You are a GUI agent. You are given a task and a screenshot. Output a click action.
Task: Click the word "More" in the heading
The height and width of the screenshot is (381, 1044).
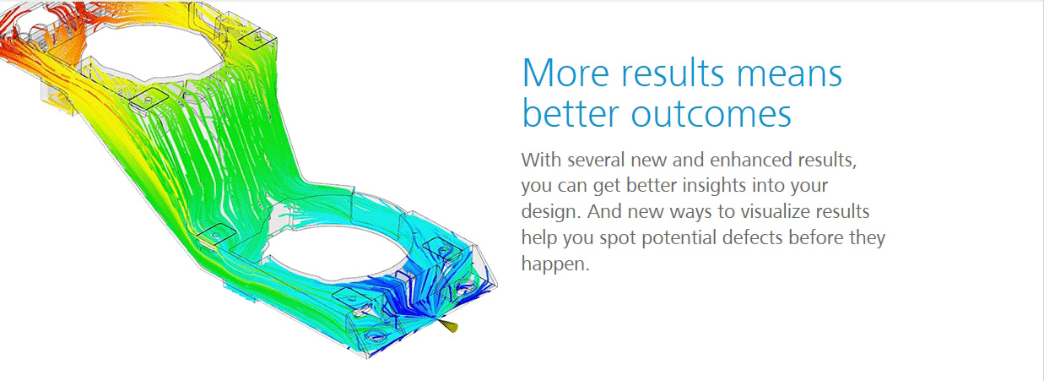click(565, 73)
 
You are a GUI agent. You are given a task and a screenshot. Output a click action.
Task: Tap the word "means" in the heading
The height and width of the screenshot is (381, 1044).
click(789, 74)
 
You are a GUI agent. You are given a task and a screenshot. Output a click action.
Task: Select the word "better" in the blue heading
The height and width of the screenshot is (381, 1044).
click(571, 113)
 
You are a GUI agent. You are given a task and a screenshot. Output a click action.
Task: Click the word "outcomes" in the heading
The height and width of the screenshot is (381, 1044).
click(711, 114)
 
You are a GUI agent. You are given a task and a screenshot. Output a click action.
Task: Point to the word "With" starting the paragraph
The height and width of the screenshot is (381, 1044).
click(541, 160)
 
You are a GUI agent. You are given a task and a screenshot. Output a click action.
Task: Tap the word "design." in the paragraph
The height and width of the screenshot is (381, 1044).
click(551, 212)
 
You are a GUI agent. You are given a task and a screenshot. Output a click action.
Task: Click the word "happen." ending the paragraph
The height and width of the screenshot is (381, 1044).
click(555, 264)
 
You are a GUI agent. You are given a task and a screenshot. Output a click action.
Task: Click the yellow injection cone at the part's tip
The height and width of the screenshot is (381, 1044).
click(449, 326)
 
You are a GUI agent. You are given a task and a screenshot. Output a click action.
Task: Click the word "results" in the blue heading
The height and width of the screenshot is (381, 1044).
click(673, 73)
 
